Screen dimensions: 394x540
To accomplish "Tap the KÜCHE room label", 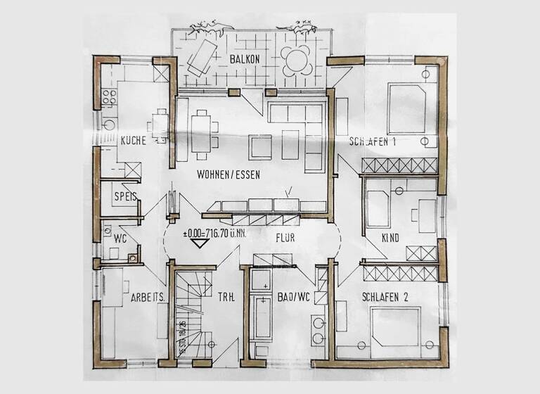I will pos(133,141).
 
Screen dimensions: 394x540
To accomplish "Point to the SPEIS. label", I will pos(125,197).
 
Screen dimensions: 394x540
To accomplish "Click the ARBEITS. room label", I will pos(148,298).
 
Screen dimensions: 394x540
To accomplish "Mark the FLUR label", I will pos(285,238).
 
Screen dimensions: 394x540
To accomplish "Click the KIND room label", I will pos(390,238).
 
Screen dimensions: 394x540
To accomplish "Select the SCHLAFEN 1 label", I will pos(373,141).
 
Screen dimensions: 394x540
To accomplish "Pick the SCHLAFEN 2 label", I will pos(385,297).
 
